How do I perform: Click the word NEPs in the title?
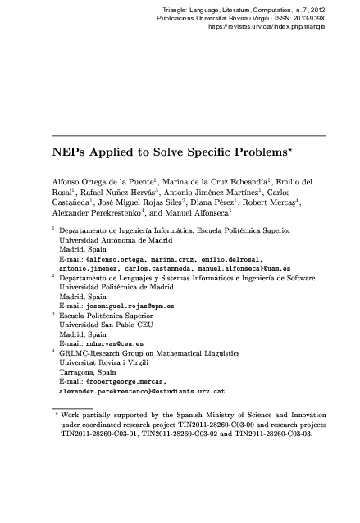point(71,152)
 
